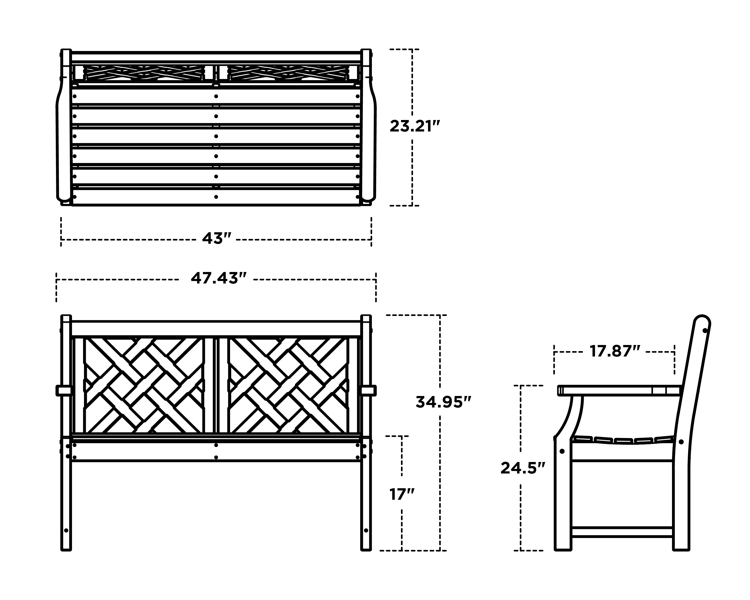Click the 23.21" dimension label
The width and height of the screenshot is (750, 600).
tap(415, 126)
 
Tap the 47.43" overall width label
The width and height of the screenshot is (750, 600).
tap(218, 278)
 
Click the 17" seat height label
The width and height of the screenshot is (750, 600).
tap(402, 494)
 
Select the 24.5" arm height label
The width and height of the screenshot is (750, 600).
tap(522, 468)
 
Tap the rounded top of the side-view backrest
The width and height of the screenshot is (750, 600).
tap(702, 321)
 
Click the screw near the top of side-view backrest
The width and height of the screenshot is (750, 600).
tap(705, 330)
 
